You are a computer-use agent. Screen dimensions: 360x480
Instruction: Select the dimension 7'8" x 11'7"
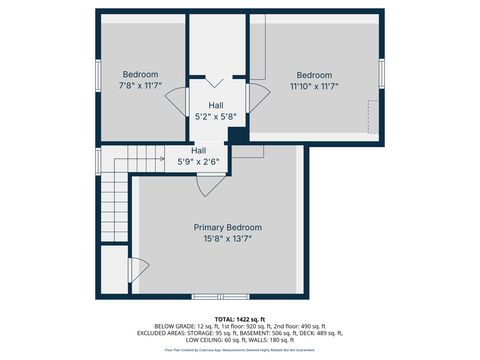[140, 87]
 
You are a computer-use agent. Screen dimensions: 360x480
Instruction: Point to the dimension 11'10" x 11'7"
[314, 87]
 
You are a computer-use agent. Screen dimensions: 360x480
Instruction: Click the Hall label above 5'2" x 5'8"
[216, 105]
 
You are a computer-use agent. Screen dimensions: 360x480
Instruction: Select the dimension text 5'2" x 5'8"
[216, 117]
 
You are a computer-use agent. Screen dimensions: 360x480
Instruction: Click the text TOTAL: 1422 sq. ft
[239, 318]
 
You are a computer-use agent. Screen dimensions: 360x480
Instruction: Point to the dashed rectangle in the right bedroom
[372, 117]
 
